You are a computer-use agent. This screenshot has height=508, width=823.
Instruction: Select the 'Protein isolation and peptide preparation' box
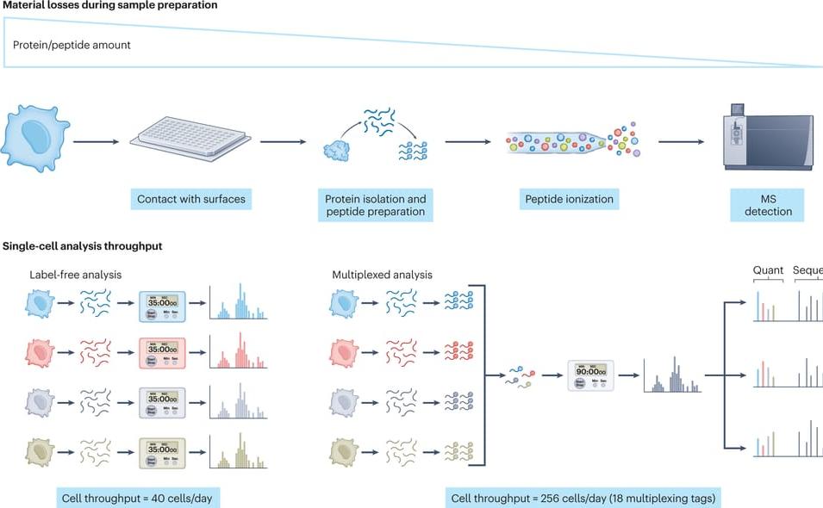click(x=375, y=205)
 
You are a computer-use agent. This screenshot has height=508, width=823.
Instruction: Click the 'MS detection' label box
click(x=769, y=205)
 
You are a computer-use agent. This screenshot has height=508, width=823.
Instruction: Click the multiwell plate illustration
click(x=190, y=135)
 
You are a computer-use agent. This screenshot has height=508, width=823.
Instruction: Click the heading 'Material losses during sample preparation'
click(x=109, y=5)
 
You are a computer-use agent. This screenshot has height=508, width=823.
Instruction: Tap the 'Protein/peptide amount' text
click(x=72, y=45)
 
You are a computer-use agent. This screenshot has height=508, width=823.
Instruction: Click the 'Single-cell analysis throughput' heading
click(x=82, y=246)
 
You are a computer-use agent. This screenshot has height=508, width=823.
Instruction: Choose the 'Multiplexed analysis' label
click(x=382, y=276)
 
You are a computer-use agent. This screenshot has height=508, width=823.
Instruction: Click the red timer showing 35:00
click(x=162, y=352)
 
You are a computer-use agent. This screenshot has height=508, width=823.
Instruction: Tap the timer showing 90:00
click(x=591, y=376)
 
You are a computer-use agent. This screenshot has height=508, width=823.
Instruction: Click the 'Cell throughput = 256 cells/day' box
click(x=583, y=498)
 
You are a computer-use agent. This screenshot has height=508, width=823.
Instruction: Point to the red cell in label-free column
click(x=40, y=352)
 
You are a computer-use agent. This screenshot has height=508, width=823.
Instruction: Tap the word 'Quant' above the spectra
click(x=768, y=269)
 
